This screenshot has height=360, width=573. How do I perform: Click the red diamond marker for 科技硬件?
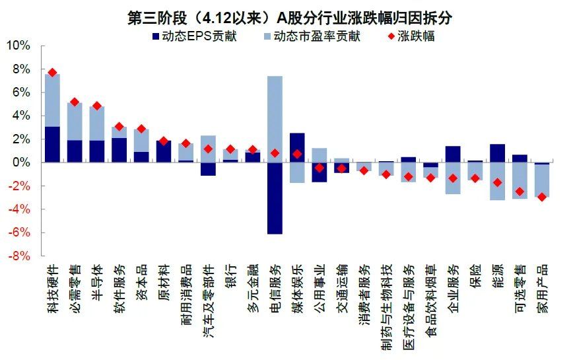[x=52, y=73]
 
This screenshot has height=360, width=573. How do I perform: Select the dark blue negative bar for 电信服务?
[x=275, y=198]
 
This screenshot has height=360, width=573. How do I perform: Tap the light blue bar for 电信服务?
[x=275, y=119]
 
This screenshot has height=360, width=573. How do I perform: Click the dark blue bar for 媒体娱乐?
[x=298, y=147]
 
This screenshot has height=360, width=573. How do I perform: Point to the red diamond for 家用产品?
[x=542, y=197]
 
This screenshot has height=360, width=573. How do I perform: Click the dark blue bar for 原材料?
[x=164, y=151]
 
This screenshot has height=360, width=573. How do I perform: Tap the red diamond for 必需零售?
[x=75, y=102]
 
